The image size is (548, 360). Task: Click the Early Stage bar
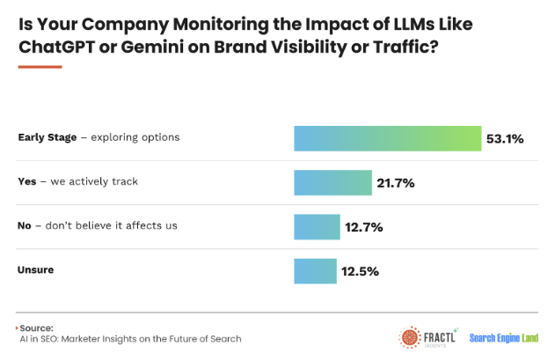(387, 138)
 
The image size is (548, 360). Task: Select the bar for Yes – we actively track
(332, 182)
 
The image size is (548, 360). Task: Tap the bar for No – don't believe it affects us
(316, 227)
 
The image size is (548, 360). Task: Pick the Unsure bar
(315, 270)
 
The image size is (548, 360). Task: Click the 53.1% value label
(507, 138)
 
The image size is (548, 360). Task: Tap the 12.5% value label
(361, 271)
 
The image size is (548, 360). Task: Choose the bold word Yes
(27, 181)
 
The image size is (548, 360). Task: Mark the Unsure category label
(36, 269)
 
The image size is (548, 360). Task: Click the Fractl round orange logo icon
(409, 337)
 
